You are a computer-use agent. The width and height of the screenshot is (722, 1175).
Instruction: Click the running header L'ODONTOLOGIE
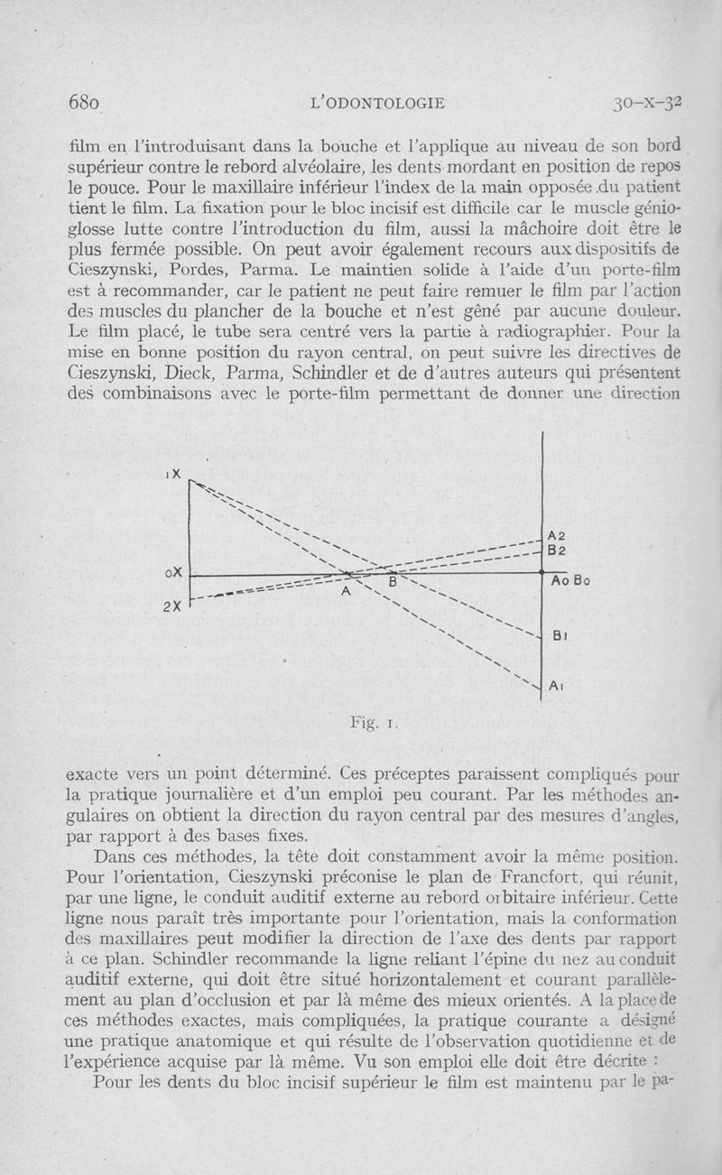click(376, 103)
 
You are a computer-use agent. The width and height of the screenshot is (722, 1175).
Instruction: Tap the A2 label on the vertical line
click(557, 535)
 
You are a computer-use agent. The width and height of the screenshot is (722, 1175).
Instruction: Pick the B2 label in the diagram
click(557, 550)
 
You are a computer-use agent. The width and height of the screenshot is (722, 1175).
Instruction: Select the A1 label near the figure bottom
click(557, 686)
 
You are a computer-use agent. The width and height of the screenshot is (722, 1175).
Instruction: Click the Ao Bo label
click(569, 583)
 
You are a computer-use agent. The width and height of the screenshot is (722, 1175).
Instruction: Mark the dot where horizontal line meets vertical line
click(541, 573)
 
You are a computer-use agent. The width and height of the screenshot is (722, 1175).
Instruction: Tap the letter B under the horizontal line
click(393, 583)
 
